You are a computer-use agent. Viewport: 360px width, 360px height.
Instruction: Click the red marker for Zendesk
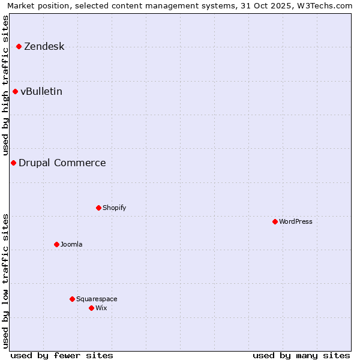click(19, 46)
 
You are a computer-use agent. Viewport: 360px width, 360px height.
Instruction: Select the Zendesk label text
click(44, 47)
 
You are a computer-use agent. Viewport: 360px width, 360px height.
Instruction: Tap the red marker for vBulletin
click(15, 91)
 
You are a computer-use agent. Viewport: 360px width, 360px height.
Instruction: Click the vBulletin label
click(41, 92)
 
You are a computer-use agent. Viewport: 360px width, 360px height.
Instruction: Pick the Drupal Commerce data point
click(13, 163)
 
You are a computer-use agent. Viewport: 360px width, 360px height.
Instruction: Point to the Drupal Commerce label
click(62, 163)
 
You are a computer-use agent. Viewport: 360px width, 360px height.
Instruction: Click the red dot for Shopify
click(98, 208)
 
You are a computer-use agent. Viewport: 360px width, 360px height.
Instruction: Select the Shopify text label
click(114, 208)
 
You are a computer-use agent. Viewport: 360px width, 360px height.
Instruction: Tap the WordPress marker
click(275, 221)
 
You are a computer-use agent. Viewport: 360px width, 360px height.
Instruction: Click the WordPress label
click(295, 222)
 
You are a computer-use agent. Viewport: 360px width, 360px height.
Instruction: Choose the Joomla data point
click(56, 244)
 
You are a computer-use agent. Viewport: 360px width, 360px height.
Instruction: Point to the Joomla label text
click(71, 245)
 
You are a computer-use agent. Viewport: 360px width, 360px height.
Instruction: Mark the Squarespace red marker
click(72, 299)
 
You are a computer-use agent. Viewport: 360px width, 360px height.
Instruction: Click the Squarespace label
click(97, 299)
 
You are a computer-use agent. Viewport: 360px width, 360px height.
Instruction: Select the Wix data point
click(91, 308)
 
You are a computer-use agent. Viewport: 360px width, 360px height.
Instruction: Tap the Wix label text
click(101, 308)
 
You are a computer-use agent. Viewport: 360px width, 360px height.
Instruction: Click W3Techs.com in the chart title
click(327, 6)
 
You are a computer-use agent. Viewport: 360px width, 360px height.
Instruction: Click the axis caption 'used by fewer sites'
click(62, 355)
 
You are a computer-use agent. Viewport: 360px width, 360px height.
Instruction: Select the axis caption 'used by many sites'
click(301, 355)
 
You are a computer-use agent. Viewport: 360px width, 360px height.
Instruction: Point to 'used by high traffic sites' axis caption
click(6, 85)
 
